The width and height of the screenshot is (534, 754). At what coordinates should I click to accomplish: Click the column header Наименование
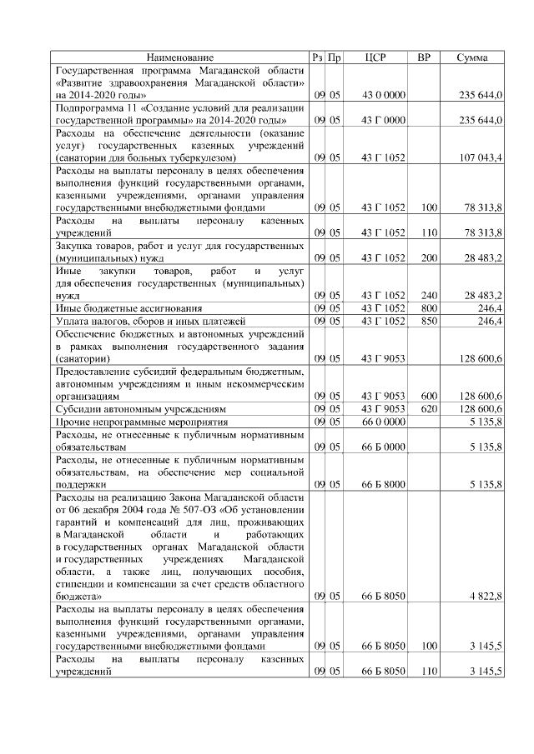pyautogui.click(x=180, y=57)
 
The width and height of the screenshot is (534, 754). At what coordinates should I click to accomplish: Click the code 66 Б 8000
pyautogui.click(x=383, y=483)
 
